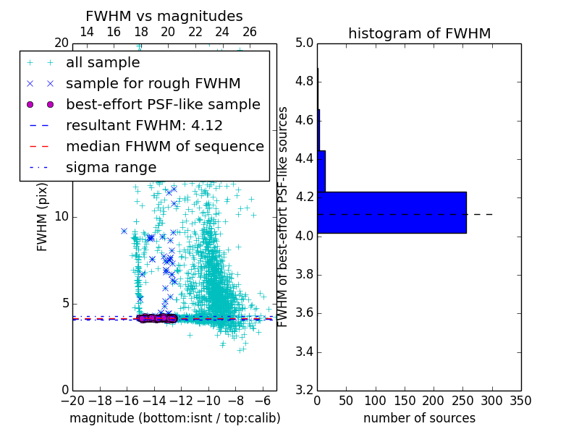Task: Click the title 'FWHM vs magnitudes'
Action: [x=164, y=16]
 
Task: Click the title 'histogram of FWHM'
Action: [x=419, y=33]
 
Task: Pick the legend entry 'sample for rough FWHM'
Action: [x=153, y=83]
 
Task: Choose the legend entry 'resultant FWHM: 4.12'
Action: [x=144, y=125]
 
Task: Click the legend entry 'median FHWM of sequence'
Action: [x=164, y=146]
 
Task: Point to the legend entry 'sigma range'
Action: [x=111, y=167]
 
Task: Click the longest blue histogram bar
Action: [x=392, y=213]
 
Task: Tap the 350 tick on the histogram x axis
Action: [x=520, y=401]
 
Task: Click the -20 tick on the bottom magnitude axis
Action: [x=72, y=401]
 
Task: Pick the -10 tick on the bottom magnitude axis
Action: [x=208, y=401]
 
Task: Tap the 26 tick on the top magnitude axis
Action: [x=250, y=32]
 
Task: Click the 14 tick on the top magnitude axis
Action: [x=86, y=32]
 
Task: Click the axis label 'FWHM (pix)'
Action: [x=43, y=216]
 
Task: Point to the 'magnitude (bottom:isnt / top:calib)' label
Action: [x=174, y=418]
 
